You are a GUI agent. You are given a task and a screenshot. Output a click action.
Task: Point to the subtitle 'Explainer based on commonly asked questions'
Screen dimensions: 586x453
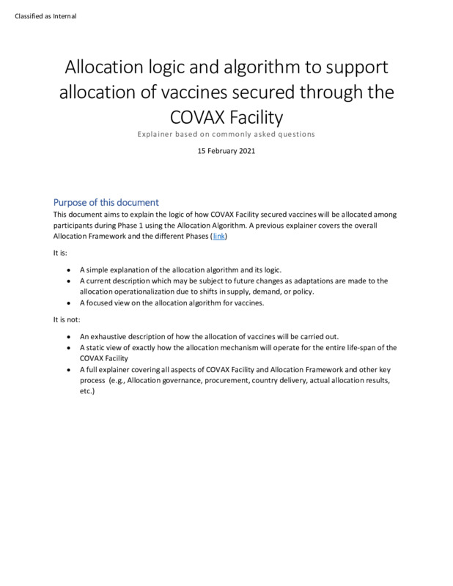pyautogui.click(x=226, y=134)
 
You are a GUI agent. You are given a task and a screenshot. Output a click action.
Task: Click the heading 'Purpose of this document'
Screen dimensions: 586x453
pyautogui.click(x=106, y=202)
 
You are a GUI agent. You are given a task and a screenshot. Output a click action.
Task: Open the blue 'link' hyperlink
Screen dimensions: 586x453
pyautogui.click(x=219, y=237)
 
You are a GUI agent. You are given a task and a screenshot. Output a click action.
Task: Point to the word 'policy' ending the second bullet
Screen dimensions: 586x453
pyautogui.click(x=303, y=292)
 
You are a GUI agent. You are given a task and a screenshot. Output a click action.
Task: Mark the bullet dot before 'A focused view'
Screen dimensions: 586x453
pyautogui.click(x=69, y=303)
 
